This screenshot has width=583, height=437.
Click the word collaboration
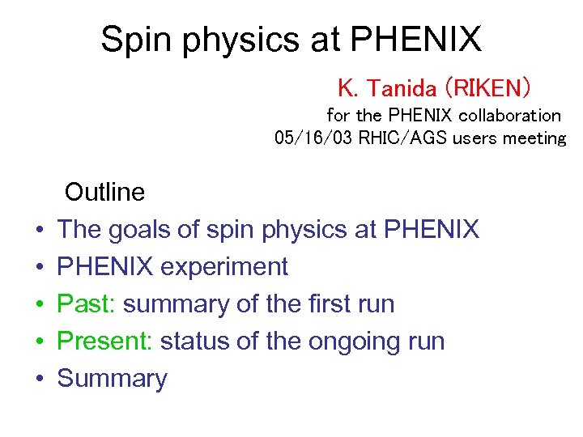tap(510, 116)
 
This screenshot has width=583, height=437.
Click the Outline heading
tap(104, 193)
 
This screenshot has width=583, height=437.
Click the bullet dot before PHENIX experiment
tap(38, 267)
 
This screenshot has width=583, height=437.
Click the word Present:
tap(105, 342)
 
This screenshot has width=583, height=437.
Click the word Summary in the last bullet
tap(112, 379)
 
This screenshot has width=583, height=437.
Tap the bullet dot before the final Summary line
tap(38, 379)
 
